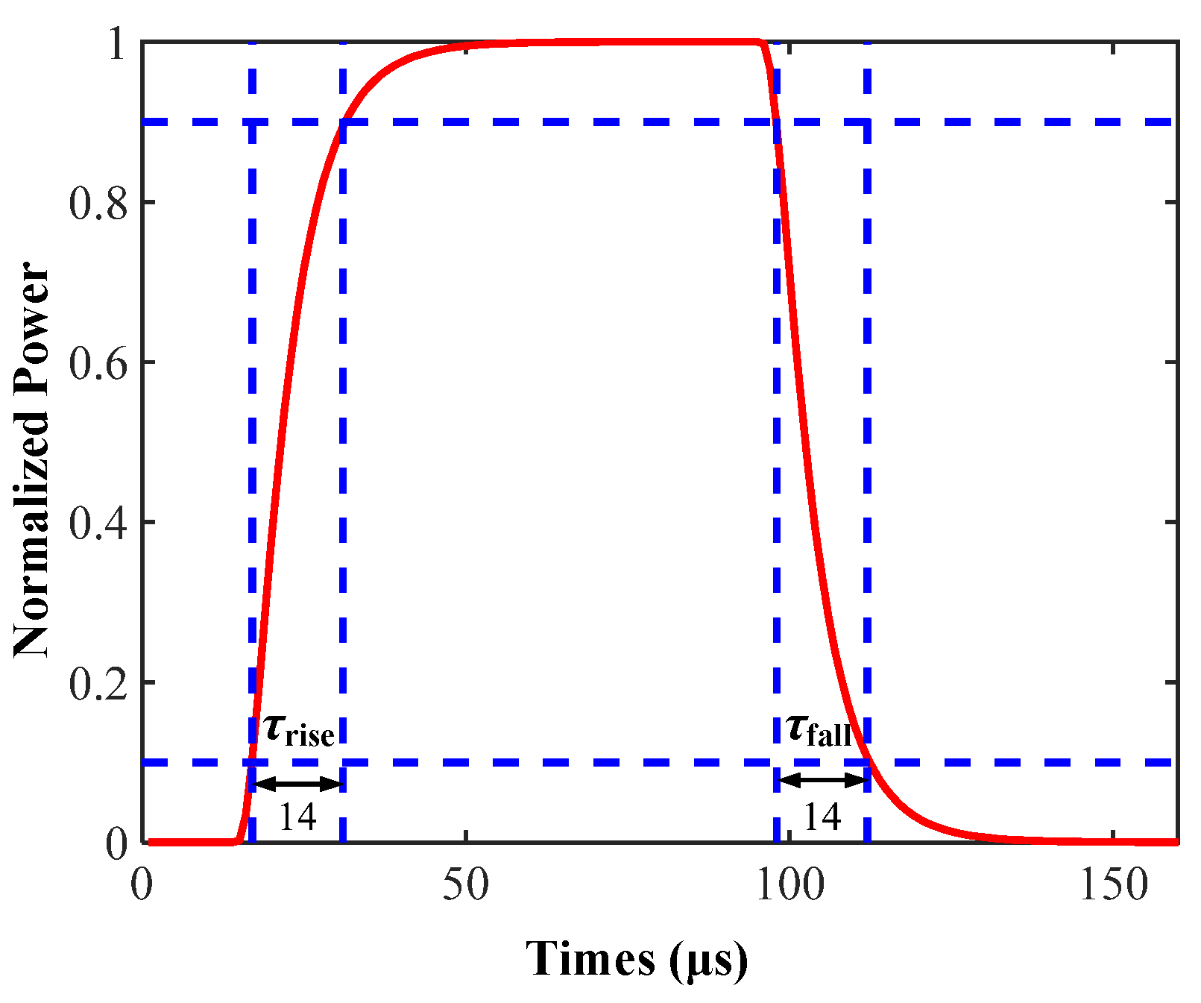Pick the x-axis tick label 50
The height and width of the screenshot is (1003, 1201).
tap(466, 885)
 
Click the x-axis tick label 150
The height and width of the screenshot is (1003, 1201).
tap(1114, 885)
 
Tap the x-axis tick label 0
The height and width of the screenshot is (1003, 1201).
tap(142, 885)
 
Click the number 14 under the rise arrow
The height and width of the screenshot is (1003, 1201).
tap(297, 817)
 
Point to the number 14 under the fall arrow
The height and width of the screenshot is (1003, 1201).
tap(822, 817)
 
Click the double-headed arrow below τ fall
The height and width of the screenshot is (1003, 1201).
tap(822, 781)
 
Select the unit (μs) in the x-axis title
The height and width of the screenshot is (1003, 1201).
tap(708, 960)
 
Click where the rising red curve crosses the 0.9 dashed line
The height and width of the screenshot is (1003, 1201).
tap(342, 121)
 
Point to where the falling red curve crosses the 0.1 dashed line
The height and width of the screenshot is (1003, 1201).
tap(867, 762)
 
